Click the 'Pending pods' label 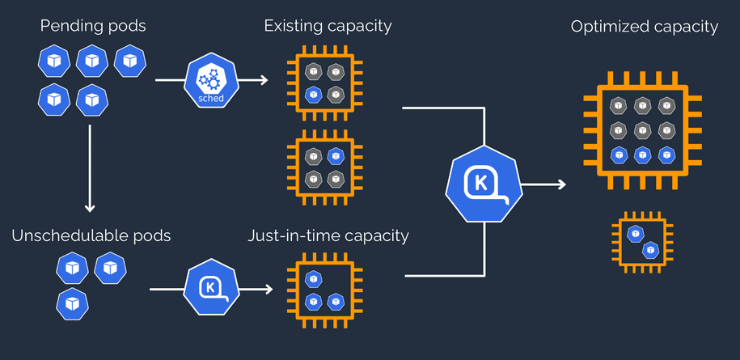pyautogui.click(x=93, y=26)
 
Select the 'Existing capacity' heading pyautogui.click(x=328, y=26)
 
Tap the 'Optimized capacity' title pyautogui.click(x=644, y=27)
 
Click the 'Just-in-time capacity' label pyautogui.click(x=328, y=236)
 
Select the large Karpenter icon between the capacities pyautogui.click(x=484, y=185)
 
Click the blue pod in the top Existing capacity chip pyautogui.click(x=312, y=95)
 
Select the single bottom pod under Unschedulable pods pyautogui.click(x=72, y=303)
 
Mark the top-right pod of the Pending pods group pyautogui.click(x=130, y=61)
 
